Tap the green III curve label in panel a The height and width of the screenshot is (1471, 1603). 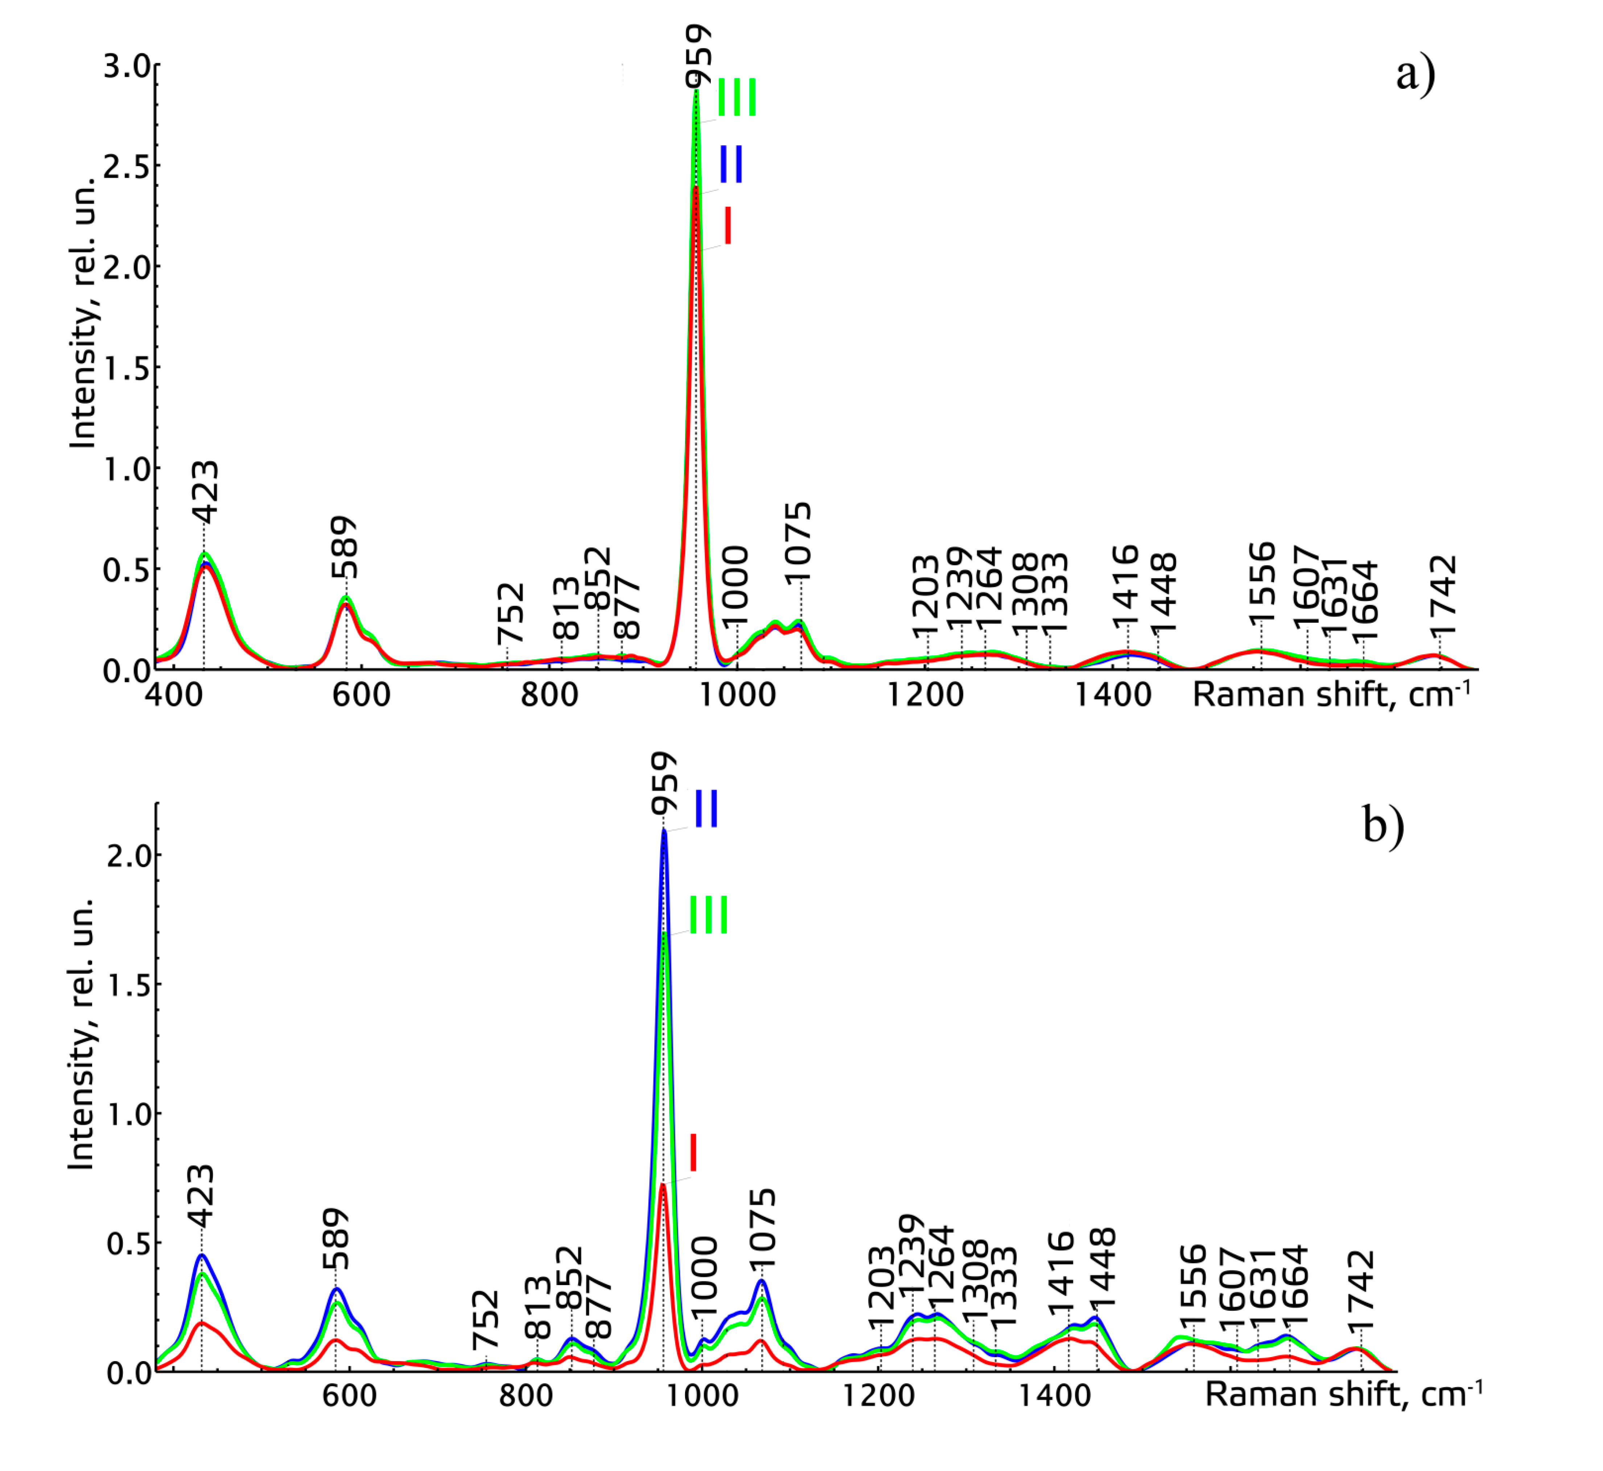tap(737, 98)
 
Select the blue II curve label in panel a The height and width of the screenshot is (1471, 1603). tap(731, 165)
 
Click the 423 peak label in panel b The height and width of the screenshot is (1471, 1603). tap(201, 1196)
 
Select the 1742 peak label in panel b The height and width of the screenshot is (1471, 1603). tap(1361, 1283)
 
